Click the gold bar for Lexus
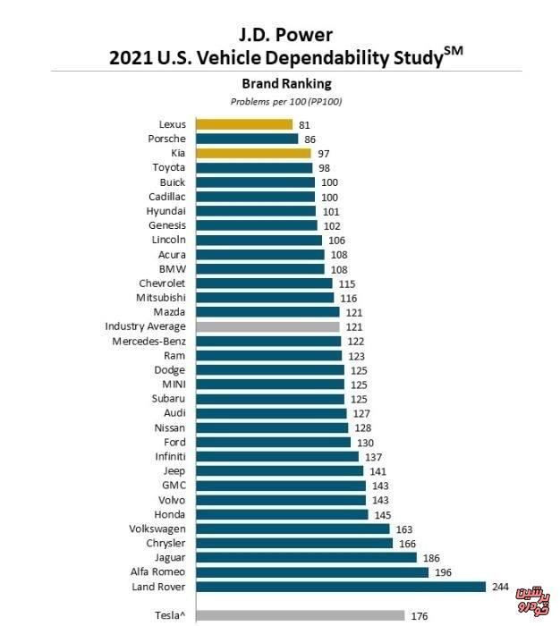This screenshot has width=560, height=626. point(244,124)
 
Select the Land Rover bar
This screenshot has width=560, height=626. point(341,587)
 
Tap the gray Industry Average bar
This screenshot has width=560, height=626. point(267,326)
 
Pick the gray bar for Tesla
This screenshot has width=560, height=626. point(300,615)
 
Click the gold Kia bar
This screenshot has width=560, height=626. point(253,153)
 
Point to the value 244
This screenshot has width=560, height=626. point(501,587)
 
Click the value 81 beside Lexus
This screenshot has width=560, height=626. point(304,124)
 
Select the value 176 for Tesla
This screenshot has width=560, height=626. point(420,615)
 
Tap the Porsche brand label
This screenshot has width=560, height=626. point(167,139)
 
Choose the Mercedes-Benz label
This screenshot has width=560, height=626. point(149,341)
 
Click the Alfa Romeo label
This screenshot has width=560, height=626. point(158,571)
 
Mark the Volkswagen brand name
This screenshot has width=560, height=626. point(157,529)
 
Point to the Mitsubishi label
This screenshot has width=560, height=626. point(161,297)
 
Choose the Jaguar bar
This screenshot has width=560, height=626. point(306,557)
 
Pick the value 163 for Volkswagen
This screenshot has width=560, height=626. point(404,529)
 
